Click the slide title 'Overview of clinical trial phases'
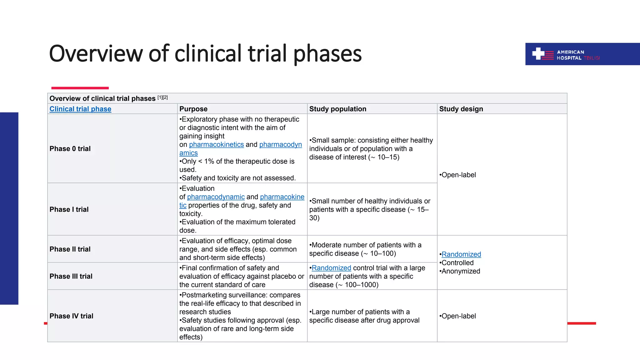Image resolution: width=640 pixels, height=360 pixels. click(x=205, y=53)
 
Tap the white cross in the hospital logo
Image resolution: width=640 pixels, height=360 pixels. click(x=538, y=53)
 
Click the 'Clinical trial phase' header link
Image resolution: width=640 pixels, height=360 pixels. click(x=80, y=109)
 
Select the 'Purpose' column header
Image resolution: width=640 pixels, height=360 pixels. click(x=193, y=109)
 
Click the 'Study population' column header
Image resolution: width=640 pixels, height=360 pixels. click(x=337, y=109)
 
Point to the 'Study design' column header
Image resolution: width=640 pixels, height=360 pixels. click(x=461, y=109)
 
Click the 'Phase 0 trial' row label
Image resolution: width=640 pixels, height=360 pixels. click(x=70, y=148)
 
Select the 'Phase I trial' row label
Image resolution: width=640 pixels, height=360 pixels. click(x=69, y=209)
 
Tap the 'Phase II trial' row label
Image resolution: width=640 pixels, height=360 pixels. click(x=70, y=249)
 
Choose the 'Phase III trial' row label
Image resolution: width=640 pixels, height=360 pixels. click(x=71, y=276)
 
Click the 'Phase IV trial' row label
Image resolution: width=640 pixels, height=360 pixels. click(x=71, y=316)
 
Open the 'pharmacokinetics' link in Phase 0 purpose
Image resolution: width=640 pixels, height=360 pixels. click(x=216, y=144)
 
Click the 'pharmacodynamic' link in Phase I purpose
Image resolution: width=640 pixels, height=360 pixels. click(x=216, y=197)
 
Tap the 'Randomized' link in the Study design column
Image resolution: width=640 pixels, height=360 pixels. click(x=461, y=254)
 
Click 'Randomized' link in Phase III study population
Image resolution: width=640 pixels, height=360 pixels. click(x=331, y=268)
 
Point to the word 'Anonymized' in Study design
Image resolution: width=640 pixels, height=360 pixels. click(x=461, y=271)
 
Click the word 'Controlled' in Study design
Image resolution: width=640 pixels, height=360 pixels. click(x=457, y=263)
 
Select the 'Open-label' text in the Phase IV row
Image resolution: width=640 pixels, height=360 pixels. click(x=458, y=316)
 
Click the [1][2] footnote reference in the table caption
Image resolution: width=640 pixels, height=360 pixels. click(x=162, y=97)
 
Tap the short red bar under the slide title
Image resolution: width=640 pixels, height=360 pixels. click(x=80, y=88)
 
